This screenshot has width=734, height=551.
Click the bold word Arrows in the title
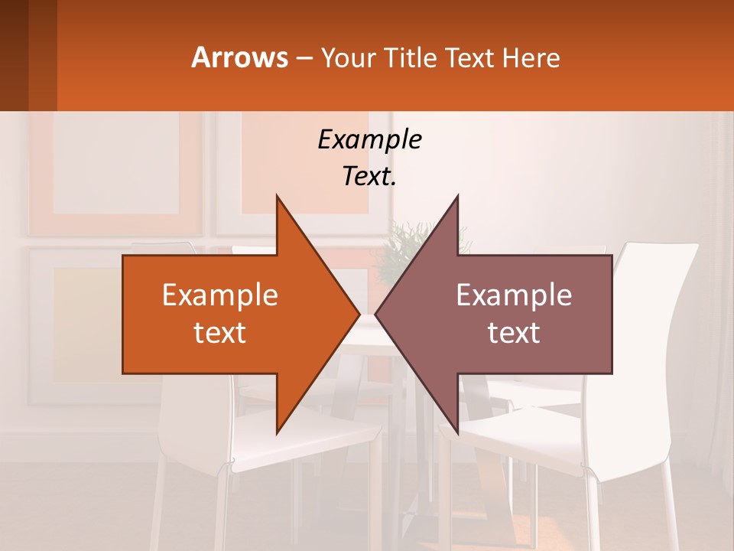coord(239,57)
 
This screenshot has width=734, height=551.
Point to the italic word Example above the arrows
coord(369,139)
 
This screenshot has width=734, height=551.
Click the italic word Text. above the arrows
coord(369,176)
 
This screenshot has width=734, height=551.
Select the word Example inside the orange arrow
coord(220,295)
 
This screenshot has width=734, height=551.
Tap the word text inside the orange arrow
coord(220,332)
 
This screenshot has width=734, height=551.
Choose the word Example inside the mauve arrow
coord(514,295)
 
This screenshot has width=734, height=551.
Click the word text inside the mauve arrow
coord(514,332)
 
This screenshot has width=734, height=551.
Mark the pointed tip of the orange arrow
coord(359,314)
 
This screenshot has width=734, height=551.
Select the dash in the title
coord(304,58)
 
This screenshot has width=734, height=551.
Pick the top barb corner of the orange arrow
coord(277,197)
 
